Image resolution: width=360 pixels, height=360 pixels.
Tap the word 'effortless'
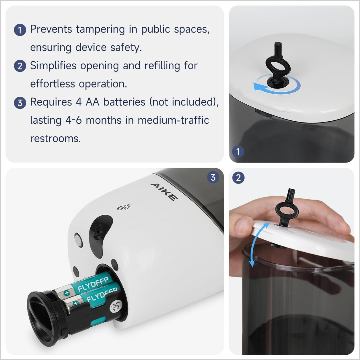[52, 84]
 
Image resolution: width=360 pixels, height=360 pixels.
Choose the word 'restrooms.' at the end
[55, 138]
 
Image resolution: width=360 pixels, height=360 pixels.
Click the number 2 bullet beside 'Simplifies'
[20, 66]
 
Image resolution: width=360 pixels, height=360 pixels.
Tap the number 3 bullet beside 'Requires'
[20, 103]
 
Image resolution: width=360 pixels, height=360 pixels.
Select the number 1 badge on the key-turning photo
[238, 152]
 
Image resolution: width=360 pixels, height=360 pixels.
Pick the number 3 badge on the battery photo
[213, 177]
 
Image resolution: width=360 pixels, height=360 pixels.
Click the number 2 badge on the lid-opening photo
[238, 178]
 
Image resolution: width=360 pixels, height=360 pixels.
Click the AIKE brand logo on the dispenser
[165, 192]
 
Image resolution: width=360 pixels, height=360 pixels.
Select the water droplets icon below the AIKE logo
[124, 207]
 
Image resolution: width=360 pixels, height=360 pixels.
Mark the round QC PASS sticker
[115, 306]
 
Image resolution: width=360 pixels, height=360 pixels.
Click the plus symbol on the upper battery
[67, 293]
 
